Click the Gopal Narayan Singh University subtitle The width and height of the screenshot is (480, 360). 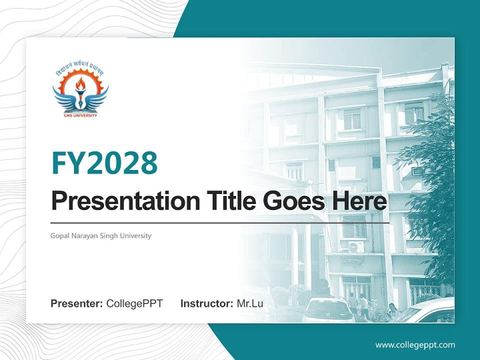(x=101, y=235)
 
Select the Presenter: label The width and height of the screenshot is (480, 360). (x=77, y=303)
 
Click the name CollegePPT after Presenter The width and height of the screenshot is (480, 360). (x=134, y=303)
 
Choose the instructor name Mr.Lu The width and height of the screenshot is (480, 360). (x=249, y=303)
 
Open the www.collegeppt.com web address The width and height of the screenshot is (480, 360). (x=415, y=345)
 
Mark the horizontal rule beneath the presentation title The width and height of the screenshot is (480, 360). (x=220, y=223)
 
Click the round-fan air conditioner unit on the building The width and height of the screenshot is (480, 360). (x=355, y=246)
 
